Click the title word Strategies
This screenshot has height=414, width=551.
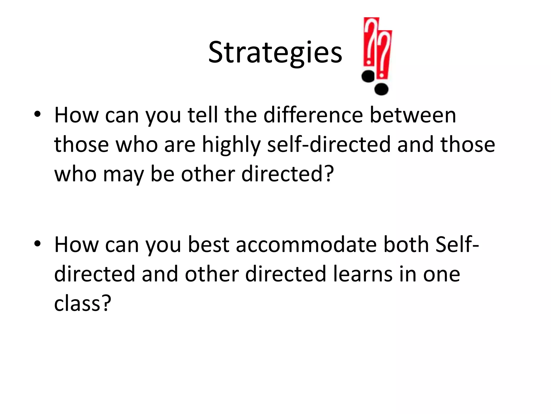(x=275, y=53)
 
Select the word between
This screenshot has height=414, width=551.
(x=413, y=115)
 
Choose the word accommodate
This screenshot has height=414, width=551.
(x=306, y=245)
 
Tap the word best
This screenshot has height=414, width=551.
(x=209, y=245)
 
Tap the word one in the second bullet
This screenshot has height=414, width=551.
(x=441, y=274)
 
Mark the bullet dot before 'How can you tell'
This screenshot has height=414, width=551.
(x=37, y=114)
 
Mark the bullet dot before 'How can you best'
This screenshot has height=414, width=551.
(x=37, y=243)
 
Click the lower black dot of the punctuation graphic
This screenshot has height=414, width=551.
(x=382, y=89)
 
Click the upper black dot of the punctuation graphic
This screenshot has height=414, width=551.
(x=368, y=76)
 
